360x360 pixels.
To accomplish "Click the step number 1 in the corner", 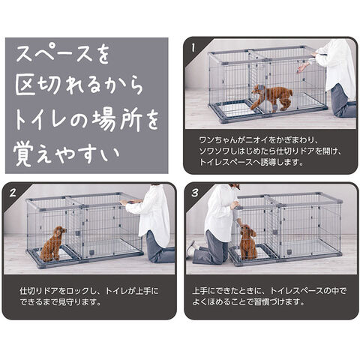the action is pos(193,47).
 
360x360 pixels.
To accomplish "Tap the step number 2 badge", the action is pos(13,193).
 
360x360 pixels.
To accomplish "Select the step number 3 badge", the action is pos(195,193).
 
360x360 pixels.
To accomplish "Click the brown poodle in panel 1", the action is pos(271,98).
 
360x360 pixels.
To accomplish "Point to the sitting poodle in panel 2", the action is pos(53,244).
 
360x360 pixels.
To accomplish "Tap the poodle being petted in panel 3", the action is pos(248,241).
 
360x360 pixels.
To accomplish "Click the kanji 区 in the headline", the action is pos(25,85).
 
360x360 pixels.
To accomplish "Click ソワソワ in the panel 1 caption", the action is pos(214,151).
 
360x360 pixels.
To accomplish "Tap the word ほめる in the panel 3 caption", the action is pos(214,302).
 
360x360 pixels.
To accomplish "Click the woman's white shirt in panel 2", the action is pos(151,211).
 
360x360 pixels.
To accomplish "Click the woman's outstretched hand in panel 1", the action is pos(303,67).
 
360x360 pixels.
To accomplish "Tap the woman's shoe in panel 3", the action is pos(191,248).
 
